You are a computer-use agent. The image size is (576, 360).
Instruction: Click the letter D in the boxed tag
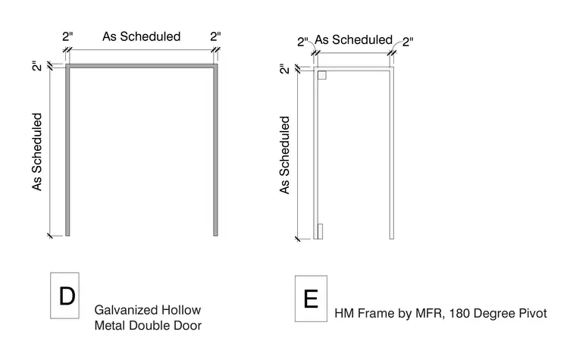click(x=67, y=296)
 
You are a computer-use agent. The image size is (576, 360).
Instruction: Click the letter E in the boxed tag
click(x=311, y=299)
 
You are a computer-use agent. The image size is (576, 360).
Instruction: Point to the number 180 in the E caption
click(x=459, y=313)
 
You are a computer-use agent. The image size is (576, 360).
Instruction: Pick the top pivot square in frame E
click(x=322, y=75)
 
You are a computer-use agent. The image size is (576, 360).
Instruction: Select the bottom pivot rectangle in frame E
click(x=320, y=231)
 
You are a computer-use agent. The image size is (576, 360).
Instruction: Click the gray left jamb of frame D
click(x=67, y=150)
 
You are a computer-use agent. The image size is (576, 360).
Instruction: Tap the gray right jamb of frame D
click(x=216, y=150)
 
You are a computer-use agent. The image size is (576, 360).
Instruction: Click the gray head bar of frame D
click(x=142, y=66)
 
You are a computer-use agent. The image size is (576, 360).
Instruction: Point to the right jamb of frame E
click(x=392, y=153)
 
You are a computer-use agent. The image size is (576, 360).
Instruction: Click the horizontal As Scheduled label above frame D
click(x=142, y=36)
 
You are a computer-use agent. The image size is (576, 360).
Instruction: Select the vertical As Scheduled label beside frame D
click(x=37, y=152)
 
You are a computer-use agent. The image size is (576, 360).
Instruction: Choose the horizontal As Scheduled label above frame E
click(x=353, y=39)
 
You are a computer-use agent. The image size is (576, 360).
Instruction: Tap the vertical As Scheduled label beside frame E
click(x=285, y=155)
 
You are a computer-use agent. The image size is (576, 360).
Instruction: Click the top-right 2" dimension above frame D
click(x=216, y=36)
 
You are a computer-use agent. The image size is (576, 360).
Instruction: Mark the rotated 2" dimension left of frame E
click(x=285, y=69)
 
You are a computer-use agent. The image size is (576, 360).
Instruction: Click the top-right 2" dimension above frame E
click(x=408, y=42)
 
